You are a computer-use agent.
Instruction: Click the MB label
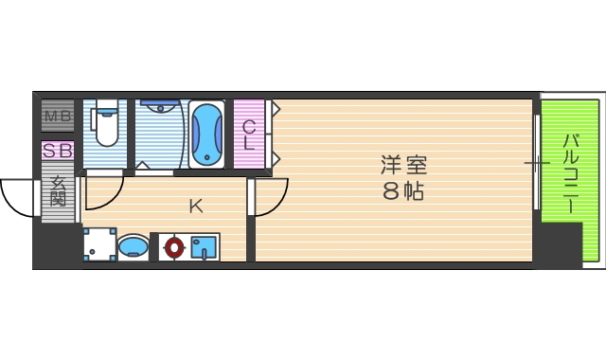pos(58,117)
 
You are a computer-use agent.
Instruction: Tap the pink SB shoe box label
pos(58,151)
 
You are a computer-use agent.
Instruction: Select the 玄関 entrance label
pos(58,192)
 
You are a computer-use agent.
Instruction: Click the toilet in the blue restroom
pos(106,124)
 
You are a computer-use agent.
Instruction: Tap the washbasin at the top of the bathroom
pos(157,107)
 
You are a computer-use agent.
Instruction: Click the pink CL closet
pos(248,135)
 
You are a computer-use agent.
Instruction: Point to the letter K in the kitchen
pos(195,206)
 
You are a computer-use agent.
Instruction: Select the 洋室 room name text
pos(403,164)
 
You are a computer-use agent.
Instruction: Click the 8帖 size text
pos(403,190)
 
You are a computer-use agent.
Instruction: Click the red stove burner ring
pos(172,248)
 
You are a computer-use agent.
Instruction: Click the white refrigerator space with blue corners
pos(98,244)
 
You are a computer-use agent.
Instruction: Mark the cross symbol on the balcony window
pos(537,164)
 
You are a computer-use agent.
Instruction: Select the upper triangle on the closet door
pos(276,109)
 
